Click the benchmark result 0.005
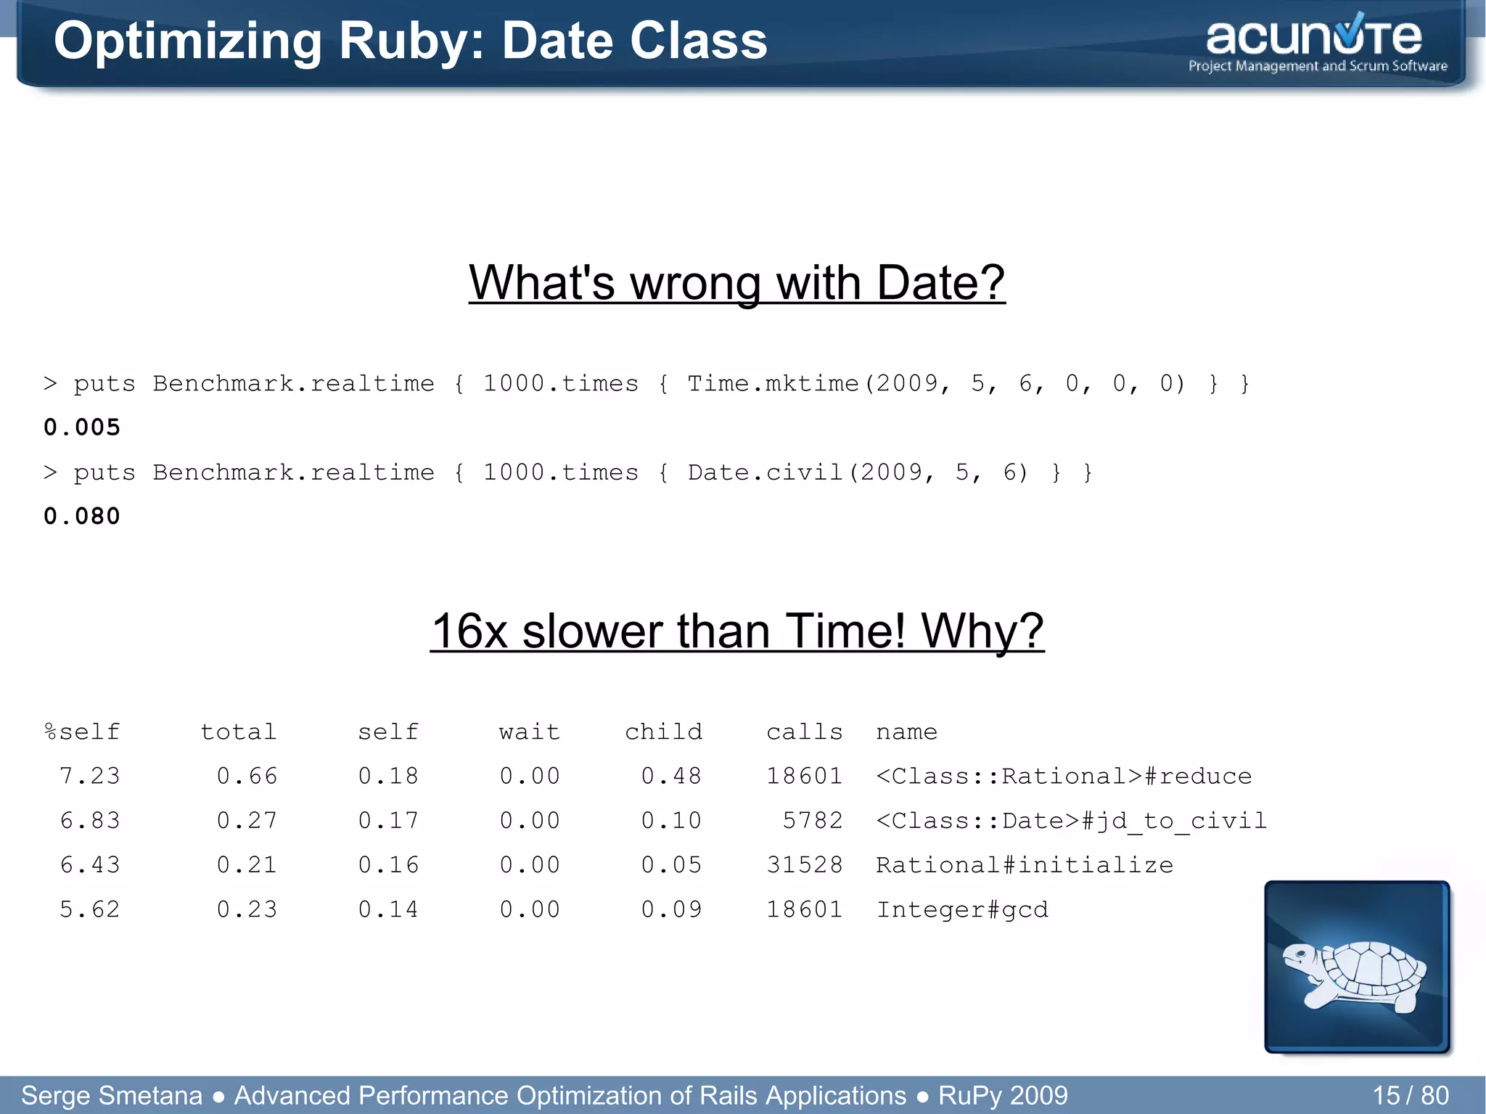(82, 427)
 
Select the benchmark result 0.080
(82, 517)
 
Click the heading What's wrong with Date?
(736, 282)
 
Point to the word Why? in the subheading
(982, 631)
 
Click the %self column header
(82, 732)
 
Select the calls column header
(804, 732)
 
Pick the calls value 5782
(812, 821)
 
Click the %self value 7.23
(89, 777)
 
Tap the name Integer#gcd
(962, 910)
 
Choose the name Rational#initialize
(1024, 865)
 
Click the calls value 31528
(804, 865)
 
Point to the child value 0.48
(671, 777)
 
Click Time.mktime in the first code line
(773, 383)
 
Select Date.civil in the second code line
(765, 472)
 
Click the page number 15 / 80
(1410, 1095)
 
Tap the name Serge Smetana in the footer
(112, 1095)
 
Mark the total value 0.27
(247, 821)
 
